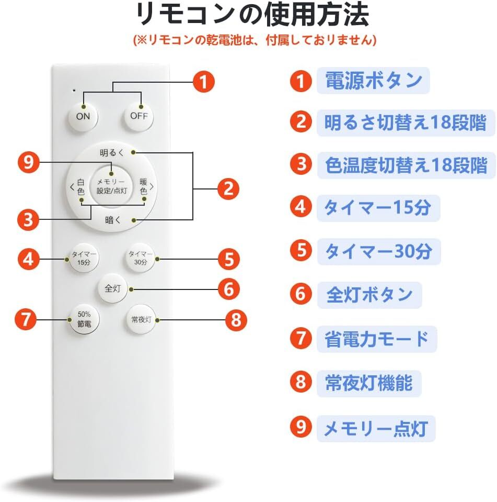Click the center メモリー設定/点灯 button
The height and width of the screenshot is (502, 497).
(x=111, y=186)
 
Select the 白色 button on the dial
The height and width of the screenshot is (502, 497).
(x=80, y=187)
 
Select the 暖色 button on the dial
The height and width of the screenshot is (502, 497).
(x=143, y=187)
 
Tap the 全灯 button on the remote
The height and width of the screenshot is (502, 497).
(x=112, y=288)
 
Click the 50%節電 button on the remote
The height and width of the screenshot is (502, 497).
(x=85, y=319)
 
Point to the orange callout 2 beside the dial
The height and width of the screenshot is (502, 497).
(x=228, y=188)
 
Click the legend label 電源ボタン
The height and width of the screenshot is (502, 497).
(x=373, y=81)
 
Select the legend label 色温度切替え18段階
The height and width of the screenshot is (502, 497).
(x=402, y=165)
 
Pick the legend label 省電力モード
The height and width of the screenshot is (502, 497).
(x=376, y=339)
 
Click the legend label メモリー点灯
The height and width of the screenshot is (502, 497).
(x=376, y=429)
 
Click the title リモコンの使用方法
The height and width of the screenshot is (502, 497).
(x=252, y=15)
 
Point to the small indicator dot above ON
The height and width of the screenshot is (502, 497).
(x=74, y=91)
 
